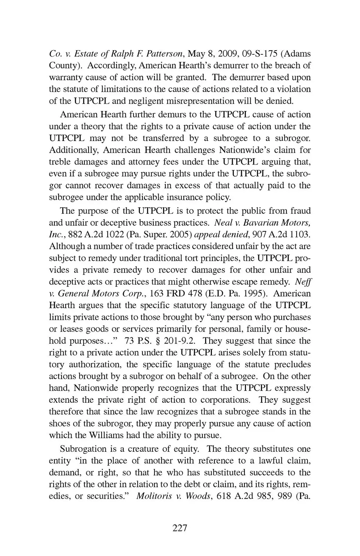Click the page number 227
click(180, 528)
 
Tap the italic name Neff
click(303, 282)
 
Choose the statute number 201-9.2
click(179, 341)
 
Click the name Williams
click(109, 435)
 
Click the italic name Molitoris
click(155, 496)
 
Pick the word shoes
click(59, 423)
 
